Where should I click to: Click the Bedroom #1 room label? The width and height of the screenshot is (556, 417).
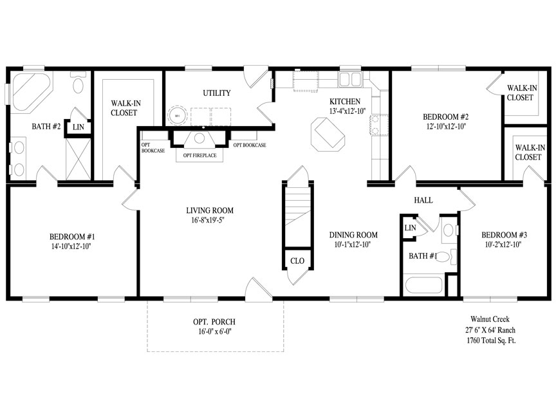[x=72, y=237]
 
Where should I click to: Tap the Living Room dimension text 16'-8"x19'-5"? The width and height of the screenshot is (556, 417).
[x=208, y=220]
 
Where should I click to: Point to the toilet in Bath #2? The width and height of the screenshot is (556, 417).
[x=78, y=82]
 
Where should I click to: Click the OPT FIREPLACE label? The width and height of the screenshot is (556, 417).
[x=199, y=155]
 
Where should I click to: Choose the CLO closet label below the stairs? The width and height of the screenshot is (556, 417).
[x=297, y=261]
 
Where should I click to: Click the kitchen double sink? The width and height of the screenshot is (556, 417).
[x=349, y=79]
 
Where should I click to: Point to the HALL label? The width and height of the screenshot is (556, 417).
[x=423, y=200]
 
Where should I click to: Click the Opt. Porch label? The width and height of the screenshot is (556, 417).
[x=214, y=322]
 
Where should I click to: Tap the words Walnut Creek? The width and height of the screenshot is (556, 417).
[x=490, y=319]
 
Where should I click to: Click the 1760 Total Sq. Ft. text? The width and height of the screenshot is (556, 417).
[x=491, y=341]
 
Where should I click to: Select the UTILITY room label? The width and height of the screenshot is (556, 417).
[x=217, y=93]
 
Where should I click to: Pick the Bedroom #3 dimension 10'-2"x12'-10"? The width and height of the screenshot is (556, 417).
[x=503, y=245]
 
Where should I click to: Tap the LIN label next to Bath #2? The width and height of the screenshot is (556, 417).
[x=78, y=127]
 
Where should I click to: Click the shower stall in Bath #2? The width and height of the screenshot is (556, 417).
[x=79, y=159]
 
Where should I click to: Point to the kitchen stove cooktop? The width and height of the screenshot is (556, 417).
[x=379, y=125]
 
